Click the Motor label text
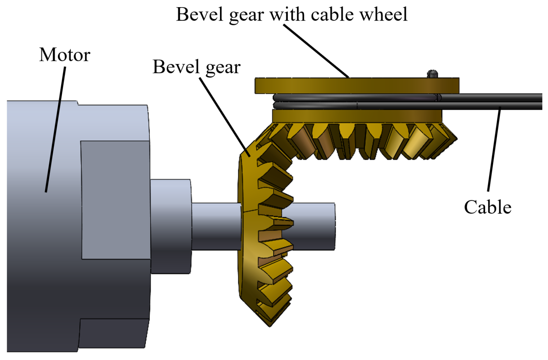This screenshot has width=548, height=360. coord(65,55)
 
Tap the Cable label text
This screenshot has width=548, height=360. coord(487,207)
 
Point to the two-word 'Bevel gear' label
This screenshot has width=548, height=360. coord(196,67)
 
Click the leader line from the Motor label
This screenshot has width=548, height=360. coord(56,129)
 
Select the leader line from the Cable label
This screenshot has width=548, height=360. coord(494,149)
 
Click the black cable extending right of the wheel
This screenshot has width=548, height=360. coord(491,102)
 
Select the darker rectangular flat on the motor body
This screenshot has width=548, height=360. coord(115,200)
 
